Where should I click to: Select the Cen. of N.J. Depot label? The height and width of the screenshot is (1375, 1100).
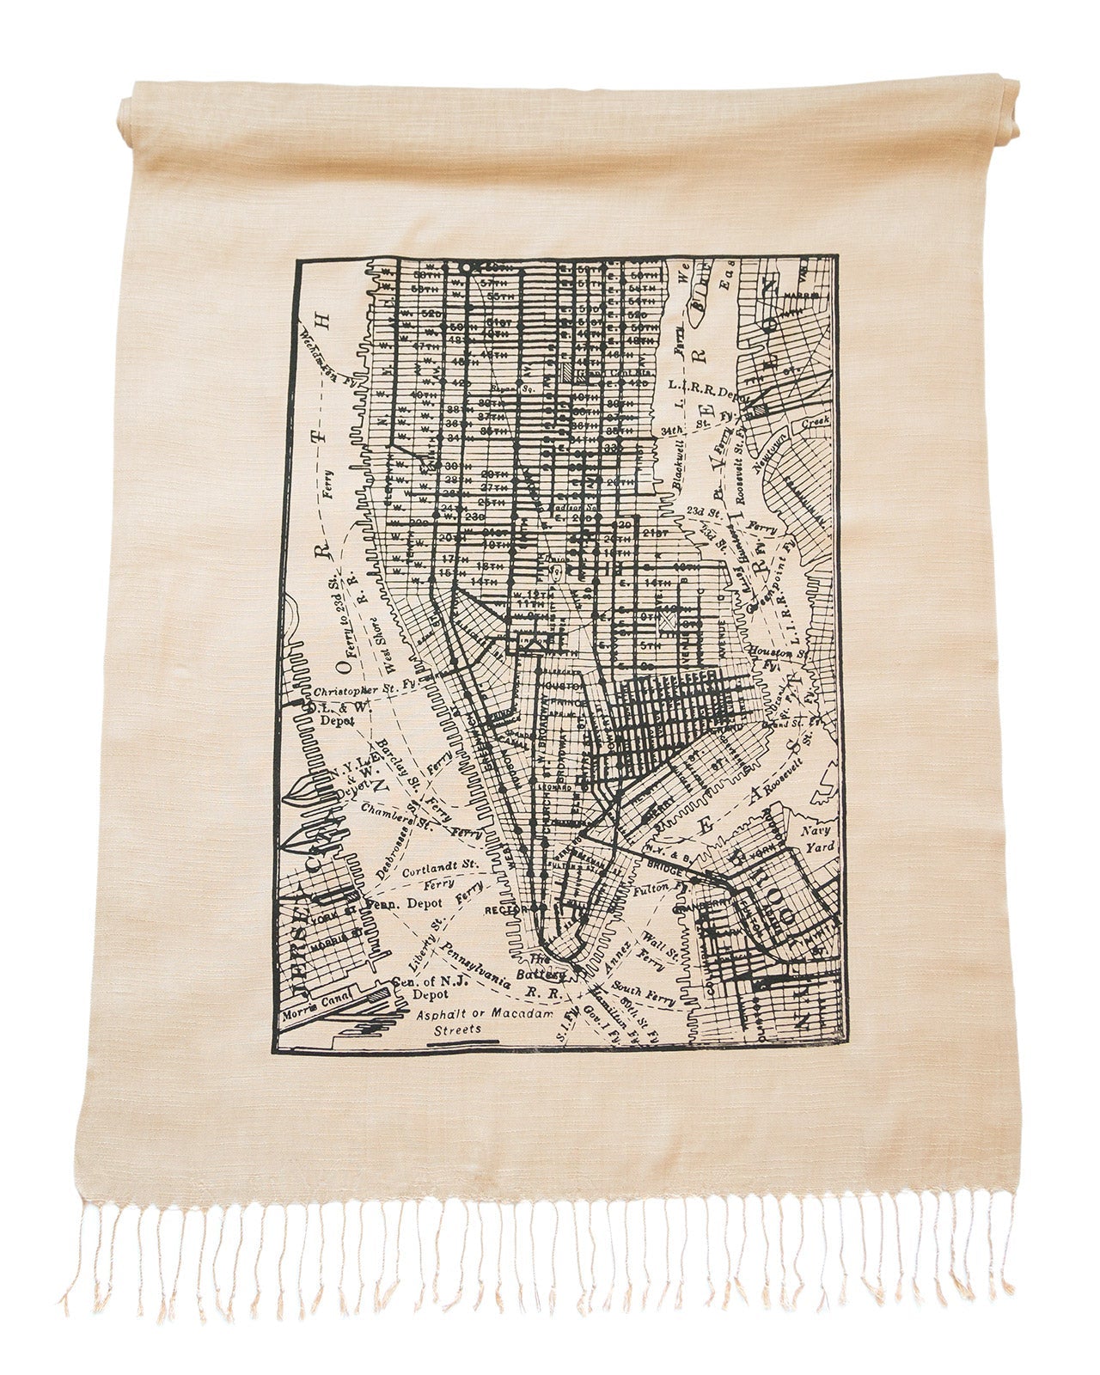click(421, 988)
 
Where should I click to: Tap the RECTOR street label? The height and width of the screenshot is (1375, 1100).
click(504, 909)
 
